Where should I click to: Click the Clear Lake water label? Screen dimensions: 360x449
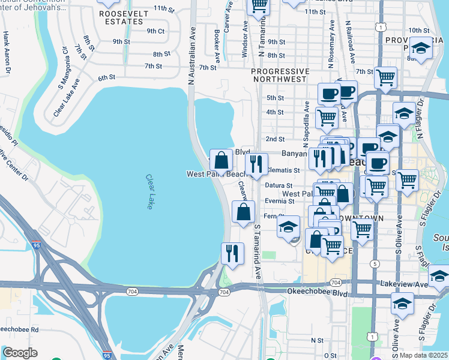pos(148,192)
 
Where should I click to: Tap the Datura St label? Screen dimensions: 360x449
pos(278,186)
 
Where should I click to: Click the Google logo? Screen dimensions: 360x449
pos(20,353)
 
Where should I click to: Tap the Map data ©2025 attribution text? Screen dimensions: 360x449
pos(423,355)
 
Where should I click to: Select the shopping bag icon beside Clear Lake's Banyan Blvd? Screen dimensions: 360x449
pos(221,160)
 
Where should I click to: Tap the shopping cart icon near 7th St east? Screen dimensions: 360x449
pos(385,76)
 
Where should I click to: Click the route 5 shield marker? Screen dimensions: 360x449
pos(376,263)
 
